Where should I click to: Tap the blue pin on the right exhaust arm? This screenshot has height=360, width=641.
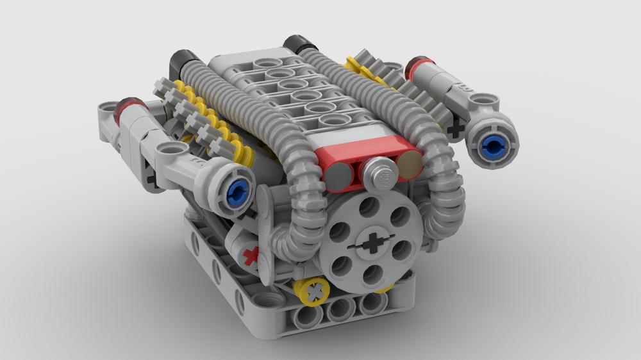(493, 147)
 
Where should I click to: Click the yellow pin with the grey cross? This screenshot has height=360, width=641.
(314, 292)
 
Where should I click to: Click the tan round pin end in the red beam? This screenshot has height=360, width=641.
(410, 166)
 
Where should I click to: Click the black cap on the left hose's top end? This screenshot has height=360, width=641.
(180, 62)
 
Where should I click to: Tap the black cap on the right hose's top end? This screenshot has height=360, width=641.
(300, 44)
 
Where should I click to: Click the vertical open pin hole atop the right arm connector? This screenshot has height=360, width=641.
(479, 101)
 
